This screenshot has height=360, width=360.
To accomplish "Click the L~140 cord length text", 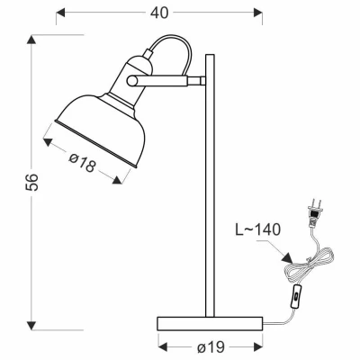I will [259, 229].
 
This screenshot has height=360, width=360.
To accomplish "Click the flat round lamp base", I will [210, 321].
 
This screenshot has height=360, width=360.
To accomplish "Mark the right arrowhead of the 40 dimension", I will [259, 13].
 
